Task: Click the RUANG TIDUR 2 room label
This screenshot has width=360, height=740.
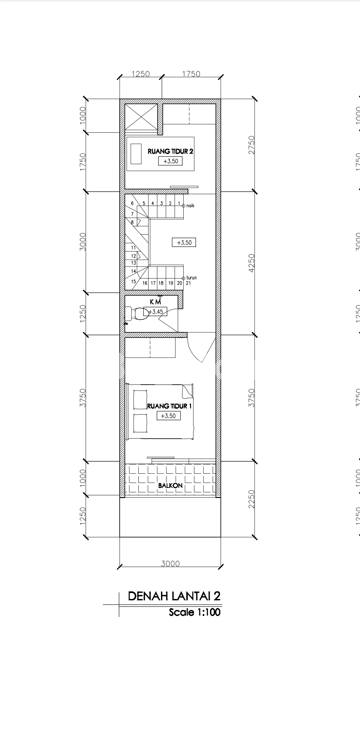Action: click(x=170, y=151)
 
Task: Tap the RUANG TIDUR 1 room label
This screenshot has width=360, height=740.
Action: click(x=169, y=406)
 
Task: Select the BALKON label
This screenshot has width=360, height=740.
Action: click(x=170, y=486)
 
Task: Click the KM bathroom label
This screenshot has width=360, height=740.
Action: click(x=155, y=302)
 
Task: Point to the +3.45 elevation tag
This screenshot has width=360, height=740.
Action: click(x=156, y=312)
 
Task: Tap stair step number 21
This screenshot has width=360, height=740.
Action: click(x=188, y=283)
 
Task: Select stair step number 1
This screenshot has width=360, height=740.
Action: click(x=179, y=203)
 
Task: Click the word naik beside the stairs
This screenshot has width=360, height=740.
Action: click(x=190, y=206)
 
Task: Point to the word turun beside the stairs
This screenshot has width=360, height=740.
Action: click(x=191, y=278)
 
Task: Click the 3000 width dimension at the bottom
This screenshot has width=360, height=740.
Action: click(x=170, y=563)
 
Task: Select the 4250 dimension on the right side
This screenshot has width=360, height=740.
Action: click(x=252, y=263)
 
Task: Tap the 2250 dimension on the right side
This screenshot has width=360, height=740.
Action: click(x=252, y=499)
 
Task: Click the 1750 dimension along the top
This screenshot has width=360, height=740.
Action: click(x=191, y=74)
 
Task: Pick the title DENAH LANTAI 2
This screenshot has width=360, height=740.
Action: click(x=174, y=596)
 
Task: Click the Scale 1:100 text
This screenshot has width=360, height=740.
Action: click(x=195, y=612)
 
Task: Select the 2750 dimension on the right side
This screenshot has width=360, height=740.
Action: click(x=252, y=145)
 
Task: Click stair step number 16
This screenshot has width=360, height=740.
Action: click(x=145, y=283)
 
